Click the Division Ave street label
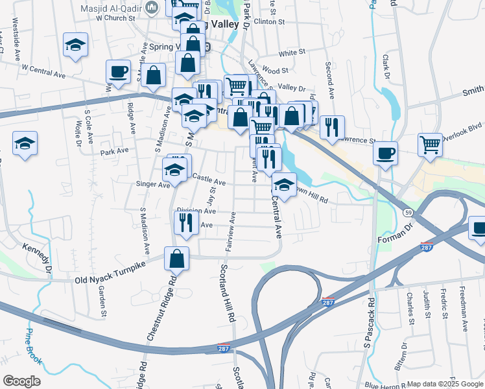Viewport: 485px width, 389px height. coord(196,211)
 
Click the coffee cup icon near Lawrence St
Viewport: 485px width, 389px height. coord(385,153)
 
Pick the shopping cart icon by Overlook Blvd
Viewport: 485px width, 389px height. coord(430,145)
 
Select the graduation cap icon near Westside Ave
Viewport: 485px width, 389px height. coord(75,45)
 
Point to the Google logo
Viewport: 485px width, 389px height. coord(22,381)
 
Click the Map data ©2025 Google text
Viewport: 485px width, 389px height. coord(444,384)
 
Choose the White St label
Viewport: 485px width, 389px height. coord(292,53)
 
